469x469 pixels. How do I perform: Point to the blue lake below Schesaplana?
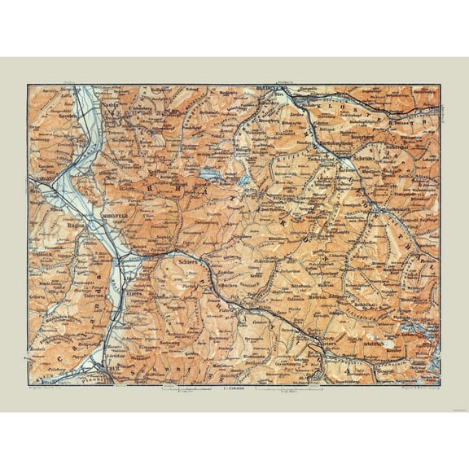coord(209,175)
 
